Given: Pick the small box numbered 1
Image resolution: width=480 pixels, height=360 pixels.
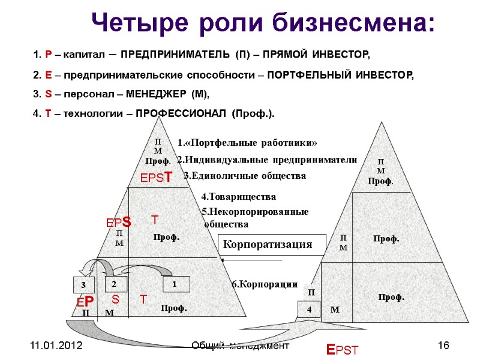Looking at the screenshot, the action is click(176, 283).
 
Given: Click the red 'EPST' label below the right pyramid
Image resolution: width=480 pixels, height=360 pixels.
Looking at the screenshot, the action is click(341, 350).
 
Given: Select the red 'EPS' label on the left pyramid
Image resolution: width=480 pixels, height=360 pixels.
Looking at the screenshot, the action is click(119, 223).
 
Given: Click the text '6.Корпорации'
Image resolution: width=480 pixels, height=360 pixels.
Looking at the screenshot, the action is click(265, 284).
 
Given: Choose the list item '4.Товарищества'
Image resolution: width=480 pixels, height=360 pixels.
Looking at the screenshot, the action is click(238, 196).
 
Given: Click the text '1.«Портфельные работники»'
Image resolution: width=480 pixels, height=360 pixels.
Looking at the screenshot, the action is click(247, 142).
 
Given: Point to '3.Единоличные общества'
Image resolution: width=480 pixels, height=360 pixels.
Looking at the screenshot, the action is click(244, 176).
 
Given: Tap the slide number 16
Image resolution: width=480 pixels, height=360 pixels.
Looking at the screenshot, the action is click(444, 347).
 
